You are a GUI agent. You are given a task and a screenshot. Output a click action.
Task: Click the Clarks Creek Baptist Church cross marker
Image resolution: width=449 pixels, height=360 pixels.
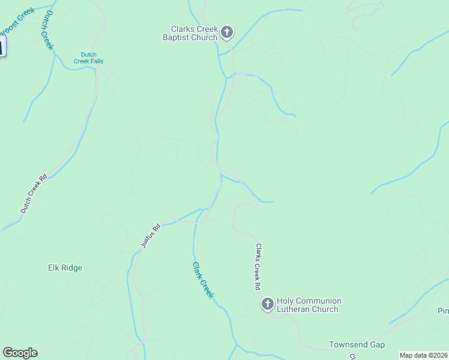(227, 32)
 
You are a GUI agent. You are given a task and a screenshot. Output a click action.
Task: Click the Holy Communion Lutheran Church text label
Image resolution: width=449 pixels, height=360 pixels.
(309, 305)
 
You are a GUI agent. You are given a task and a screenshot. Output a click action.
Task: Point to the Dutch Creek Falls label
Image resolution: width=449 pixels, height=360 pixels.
(88, 57)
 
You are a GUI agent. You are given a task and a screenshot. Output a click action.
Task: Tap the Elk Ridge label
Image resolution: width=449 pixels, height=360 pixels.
(65, 268)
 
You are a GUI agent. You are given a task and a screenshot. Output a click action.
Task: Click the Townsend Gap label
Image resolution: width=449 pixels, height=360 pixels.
(357, 344)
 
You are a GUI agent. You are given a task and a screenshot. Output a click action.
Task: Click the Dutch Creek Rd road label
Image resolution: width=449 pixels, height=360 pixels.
(34, 194)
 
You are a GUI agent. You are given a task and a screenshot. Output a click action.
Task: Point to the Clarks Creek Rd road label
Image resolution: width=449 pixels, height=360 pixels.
(258, 266)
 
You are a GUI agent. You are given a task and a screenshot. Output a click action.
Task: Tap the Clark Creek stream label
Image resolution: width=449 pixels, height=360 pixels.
(203, 280)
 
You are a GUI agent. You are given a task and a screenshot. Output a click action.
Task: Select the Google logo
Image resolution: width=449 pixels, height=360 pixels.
(20, 353)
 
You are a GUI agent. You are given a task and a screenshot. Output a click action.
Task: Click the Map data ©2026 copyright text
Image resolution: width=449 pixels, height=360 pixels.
(423, 355)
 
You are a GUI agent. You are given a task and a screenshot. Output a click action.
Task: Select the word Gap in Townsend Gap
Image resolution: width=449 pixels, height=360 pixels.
(376, 344)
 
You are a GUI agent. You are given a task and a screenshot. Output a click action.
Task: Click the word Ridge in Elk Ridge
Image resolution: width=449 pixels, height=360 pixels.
(72, 268)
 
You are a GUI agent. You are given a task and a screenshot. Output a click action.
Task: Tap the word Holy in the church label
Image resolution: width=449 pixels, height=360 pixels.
(286, 301)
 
